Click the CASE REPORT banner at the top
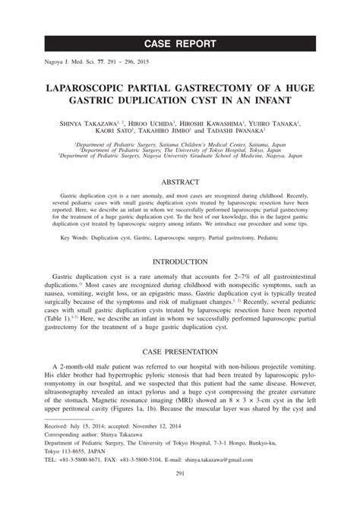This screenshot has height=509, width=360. [180, 43]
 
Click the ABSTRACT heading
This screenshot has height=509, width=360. [179, 182]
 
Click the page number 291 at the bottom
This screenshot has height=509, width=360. [179, 497]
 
